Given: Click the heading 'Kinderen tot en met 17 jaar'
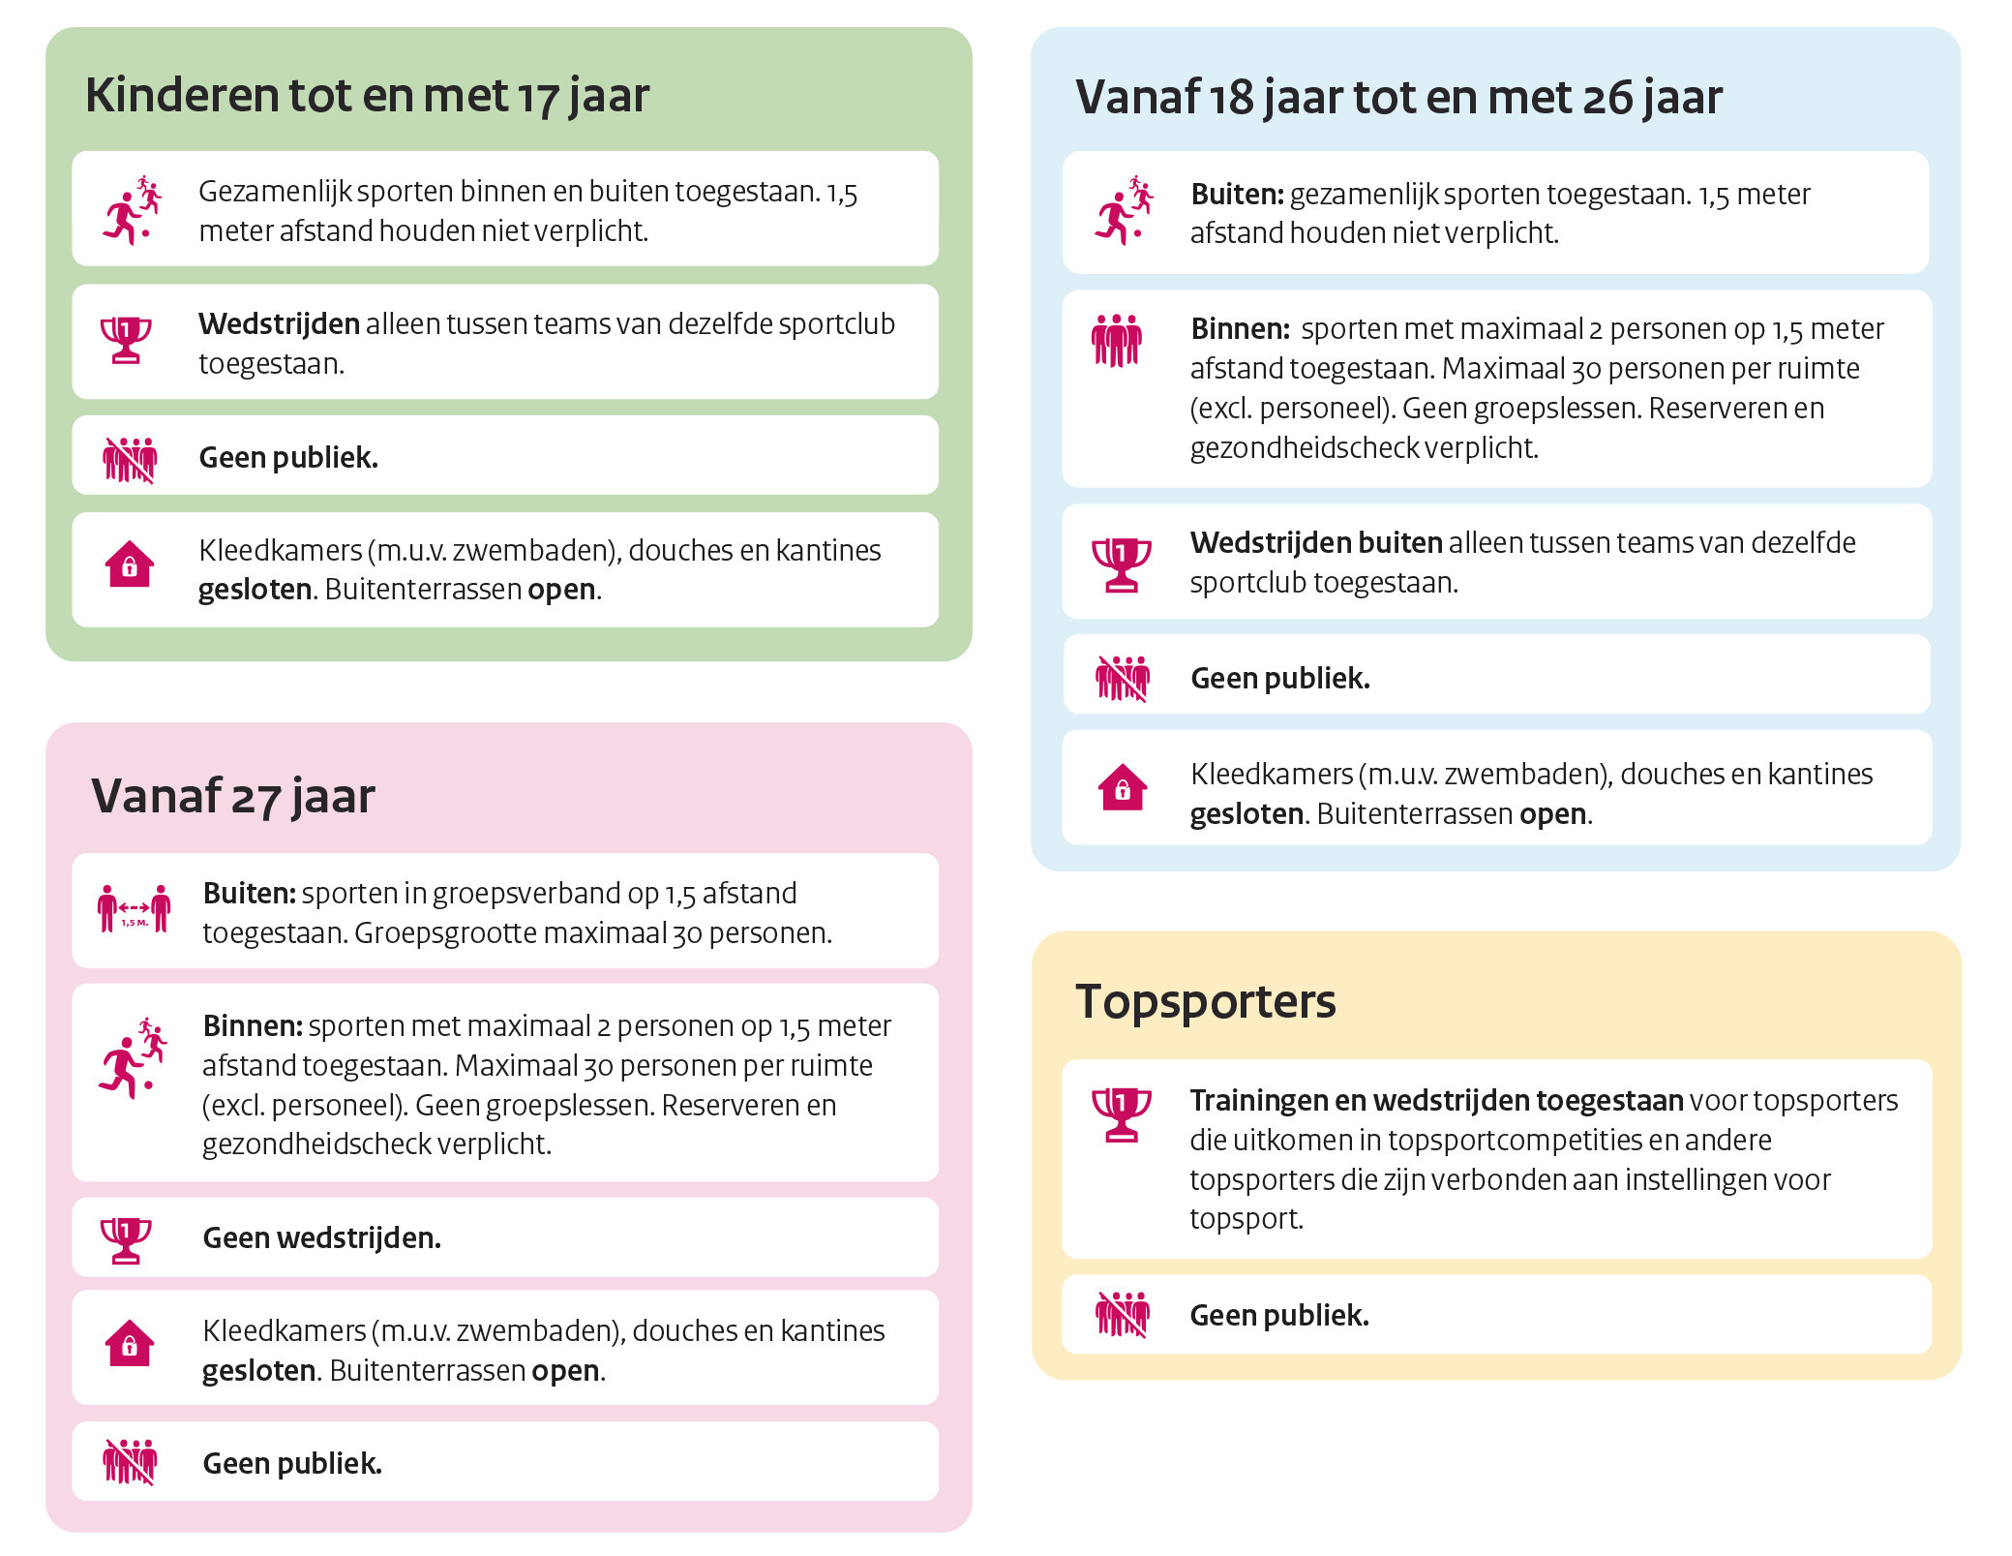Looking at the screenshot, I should [x=367, y=96].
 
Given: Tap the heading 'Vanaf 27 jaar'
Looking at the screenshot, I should [x=233, y=797].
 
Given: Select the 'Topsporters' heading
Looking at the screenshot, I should [x=1205, y=1001].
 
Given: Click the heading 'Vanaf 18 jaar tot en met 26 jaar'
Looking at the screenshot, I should [x=1398, y=98].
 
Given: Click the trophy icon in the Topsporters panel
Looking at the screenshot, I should [x=1121, y=1114].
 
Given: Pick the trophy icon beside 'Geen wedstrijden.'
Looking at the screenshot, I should [x=126, y=1239].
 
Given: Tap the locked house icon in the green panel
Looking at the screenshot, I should [x=130, y=564].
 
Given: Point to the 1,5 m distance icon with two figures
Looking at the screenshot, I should [x=134, y=909].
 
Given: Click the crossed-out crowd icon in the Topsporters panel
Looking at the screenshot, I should [x=1122, y=1315].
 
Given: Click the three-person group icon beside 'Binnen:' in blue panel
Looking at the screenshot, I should [x=1116, y=341].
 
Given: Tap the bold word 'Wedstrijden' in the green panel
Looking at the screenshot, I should [x=279, y=324].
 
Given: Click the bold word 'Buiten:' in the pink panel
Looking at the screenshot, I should [x=249, y=894].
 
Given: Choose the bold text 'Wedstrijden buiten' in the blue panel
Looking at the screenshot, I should [x=1316, y=543].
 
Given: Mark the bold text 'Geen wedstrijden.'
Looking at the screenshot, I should [x=321, y=1238].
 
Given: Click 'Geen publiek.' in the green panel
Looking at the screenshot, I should [x=287, y=458].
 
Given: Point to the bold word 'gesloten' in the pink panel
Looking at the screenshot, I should [x=258, y=1371].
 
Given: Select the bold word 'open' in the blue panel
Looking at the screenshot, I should [x=1552, y=814].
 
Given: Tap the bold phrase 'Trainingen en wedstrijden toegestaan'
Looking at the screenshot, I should [x=1436, y=1101].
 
